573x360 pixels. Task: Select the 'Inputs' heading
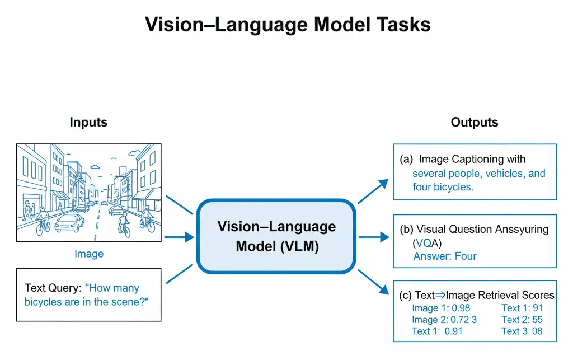pyautogui.click(x=88, y=122)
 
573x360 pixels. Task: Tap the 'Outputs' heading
pyautogui.click(x=475, y=122)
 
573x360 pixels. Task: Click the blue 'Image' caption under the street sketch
pyautogui.click(x=89, y=254)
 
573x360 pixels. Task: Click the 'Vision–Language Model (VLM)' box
pyautogui.click(x=276, y=236)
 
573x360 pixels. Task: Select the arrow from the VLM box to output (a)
pyautogui.click(x=372, y=191)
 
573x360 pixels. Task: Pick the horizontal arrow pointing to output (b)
pyautogui.click(x=374, y=237)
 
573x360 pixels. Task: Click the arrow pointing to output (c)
pyautogui.click(x=373, y=282)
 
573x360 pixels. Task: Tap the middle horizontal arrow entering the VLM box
pyautogui.click(x=179, y=237)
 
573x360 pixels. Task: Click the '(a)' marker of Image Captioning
pyautogui.click(x=407, y=160)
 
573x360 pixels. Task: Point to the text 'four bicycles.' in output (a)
pyautogui.click(x=443, y=187)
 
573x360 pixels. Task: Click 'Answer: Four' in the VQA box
pyautogui.click(x=445, y=256)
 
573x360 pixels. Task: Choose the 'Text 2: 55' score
pyautogui.click(x=522, y=320)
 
